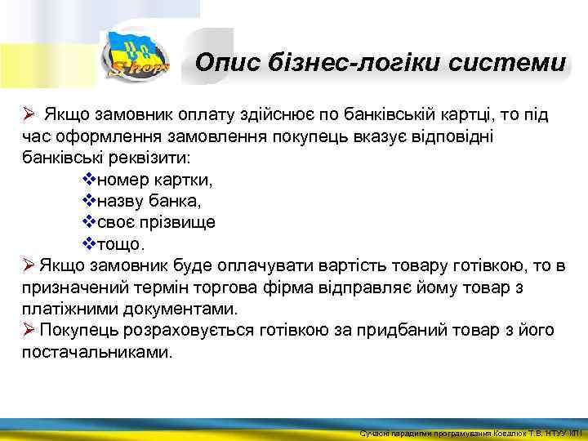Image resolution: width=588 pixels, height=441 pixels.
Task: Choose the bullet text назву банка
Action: [149, 200]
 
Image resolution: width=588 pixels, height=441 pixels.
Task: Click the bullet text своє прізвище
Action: [157, 222]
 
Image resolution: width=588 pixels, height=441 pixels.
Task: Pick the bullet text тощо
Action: [122, 243]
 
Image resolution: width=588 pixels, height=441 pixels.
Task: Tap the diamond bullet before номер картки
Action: [90, 179]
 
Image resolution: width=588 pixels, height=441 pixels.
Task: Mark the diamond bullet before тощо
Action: [90, 243]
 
